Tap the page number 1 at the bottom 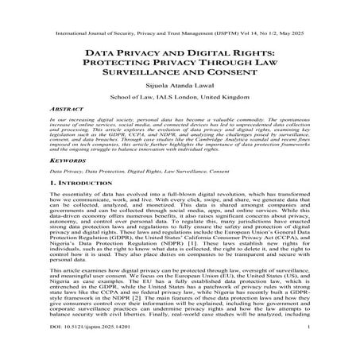point(308,347)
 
